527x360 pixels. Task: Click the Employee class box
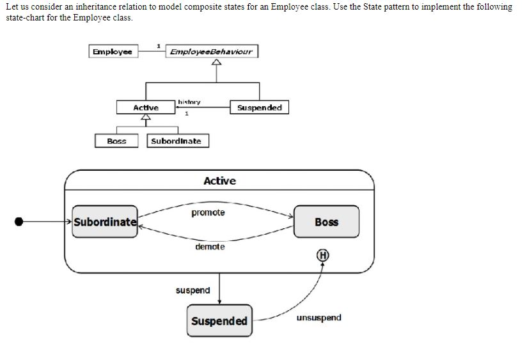coord(113,52)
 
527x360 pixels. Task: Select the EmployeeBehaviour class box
coord(212,52)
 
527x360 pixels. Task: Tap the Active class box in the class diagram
coord(146,107)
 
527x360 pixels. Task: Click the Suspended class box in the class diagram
coord(259,107)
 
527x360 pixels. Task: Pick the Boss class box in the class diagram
coord(116,141)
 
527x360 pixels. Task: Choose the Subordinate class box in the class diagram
coord(178,141)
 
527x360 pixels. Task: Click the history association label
coord(189,102)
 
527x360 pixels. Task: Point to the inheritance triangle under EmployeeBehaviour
coord(217,63)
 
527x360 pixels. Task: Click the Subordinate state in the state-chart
coord(105,222)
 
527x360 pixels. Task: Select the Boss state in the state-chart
coord(326,222)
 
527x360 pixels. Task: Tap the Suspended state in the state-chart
coord(219,320)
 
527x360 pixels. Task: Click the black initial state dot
coord(19,221)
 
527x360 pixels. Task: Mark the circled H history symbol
coord(323,254)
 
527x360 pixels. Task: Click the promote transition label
coord(208,212)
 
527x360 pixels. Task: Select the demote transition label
coord(210,246)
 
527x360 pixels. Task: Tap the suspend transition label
coord(193,290)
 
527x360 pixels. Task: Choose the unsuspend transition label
coord(319,317)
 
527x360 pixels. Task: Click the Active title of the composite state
coord(219,181)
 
